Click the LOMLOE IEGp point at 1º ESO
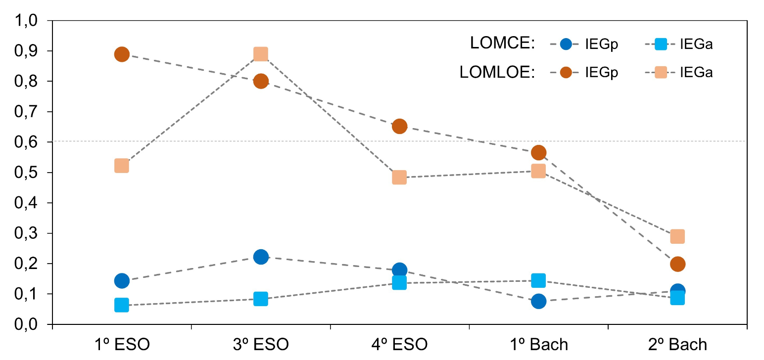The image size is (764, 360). point(122,54)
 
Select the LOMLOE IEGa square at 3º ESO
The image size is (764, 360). point(261,53)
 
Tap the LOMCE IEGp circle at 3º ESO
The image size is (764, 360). point(261,257)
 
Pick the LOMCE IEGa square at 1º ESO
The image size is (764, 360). point(122,305)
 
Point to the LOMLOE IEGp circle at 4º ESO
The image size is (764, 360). point(399,126)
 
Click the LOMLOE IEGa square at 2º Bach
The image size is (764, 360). point(677,236)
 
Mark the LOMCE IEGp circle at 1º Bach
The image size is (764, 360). point(538,301)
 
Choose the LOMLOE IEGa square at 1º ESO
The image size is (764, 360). point(122,166)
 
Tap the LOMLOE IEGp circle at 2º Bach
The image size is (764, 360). point(677,264)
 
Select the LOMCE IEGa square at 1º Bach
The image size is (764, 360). point(538,280)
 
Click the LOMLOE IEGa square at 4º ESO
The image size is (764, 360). point(399,178)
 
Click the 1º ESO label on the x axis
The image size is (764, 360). point(122,344)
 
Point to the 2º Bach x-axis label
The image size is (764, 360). point(677,344)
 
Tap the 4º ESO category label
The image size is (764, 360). point(399,344)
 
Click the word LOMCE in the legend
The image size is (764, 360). point(503,44)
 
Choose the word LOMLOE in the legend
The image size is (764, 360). point(497,73)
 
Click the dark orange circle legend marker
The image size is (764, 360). point(567,73)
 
